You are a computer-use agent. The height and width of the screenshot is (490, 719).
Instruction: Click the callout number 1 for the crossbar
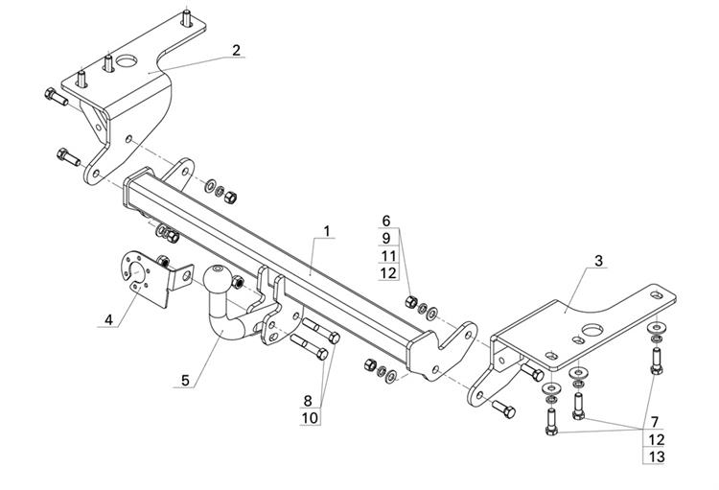pos(327,231)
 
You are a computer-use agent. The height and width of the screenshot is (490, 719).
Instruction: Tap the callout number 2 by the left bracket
pos(236,50)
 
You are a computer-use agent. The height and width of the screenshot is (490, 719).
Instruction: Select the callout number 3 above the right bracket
pos(599,261)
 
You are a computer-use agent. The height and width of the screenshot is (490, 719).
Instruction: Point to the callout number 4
pos(108,319)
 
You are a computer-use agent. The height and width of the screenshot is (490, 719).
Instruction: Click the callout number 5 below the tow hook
pos(185,381)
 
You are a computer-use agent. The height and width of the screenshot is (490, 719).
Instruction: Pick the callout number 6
pos(386,221)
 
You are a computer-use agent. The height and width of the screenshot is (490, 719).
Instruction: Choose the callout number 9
pos(386,238)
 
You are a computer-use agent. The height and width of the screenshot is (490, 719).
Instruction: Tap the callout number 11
pos(388,256)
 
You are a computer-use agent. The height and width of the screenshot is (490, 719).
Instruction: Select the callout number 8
pos(308,401)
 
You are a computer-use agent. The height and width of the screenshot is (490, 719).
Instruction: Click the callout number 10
pos(310,418)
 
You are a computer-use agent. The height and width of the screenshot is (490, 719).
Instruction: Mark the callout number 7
pos(655,422)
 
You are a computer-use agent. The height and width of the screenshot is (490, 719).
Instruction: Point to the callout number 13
pos(657,457)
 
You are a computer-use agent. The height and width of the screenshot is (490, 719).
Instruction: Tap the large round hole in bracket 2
pos(127,61)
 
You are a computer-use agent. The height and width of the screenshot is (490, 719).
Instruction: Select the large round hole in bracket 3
pos(592,330)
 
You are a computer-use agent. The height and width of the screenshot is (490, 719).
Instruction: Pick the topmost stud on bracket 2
pos(187,18)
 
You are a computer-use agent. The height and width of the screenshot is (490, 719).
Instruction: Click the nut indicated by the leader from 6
pos(411,301)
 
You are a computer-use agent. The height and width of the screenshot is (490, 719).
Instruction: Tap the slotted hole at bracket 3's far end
pos(656,294)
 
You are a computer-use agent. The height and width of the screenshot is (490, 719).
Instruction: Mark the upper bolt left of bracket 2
pos(57,97)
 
